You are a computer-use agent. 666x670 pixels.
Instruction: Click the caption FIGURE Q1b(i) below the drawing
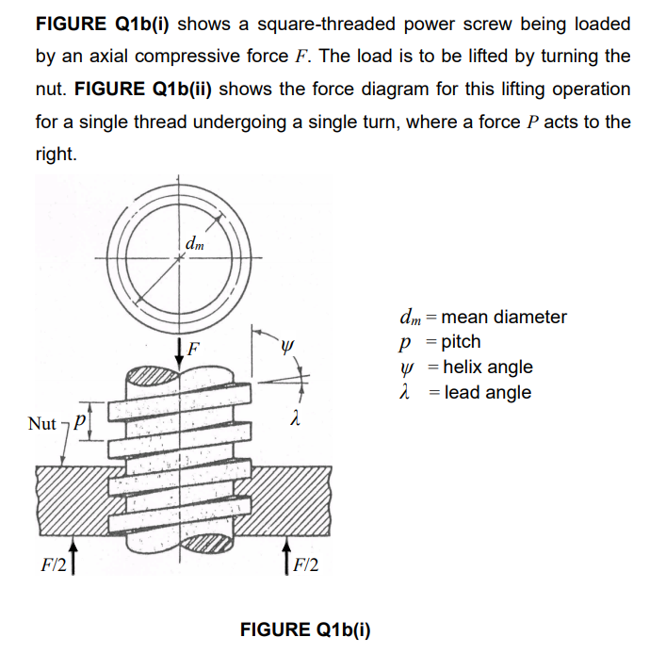(x=305, y=630)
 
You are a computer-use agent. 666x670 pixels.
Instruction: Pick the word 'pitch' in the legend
(x=461, y=342)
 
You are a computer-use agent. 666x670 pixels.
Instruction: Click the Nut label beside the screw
(x=42, y=424)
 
